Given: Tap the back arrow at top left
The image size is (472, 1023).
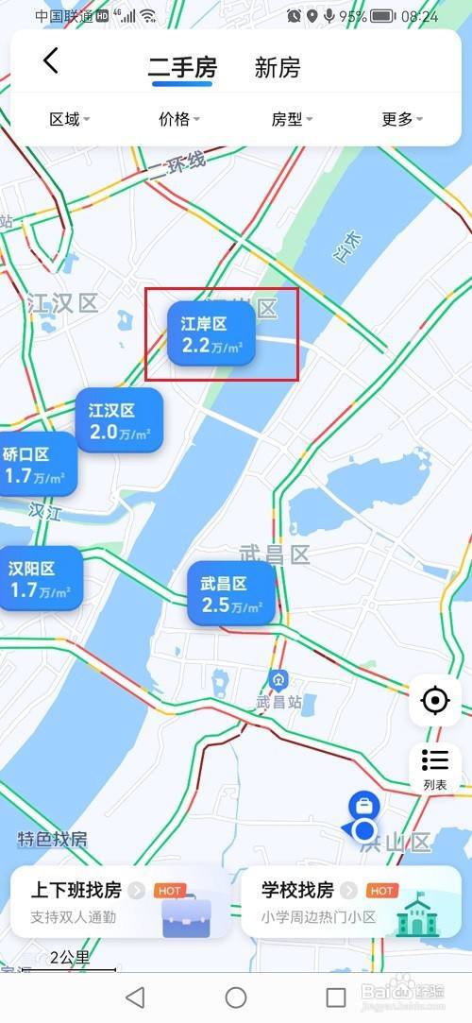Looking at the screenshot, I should (51, 61).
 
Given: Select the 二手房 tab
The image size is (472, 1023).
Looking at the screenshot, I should (182, 68).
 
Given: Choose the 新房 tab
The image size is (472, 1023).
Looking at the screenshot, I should (278, 68).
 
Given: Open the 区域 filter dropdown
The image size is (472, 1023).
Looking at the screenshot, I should (69, 119).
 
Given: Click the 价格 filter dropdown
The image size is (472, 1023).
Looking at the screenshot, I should (179, 119).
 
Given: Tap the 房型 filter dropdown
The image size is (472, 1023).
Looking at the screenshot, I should (292, 119).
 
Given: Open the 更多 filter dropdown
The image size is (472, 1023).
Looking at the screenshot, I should (402, 119).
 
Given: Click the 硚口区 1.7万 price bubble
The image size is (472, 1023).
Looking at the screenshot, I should (35, 465).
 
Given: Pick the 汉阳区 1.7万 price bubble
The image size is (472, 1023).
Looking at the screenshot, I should (40, 579).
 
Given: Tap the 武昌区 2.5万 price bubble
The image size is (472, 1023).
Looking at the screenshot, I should (231, 595).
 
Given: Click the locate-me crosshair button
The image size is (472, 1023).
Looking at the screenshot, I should (435, 701).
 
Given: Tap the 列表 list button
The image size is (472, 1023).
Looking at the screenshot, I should (435, 769).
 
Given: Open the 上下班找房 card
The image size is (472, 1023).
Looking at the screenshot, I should (120, 902).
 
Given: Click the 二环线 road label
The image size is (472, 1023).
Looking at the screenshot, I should (177, 166).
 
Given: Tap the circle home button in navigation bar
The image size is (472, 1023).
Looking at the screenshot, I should (236, 997).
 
